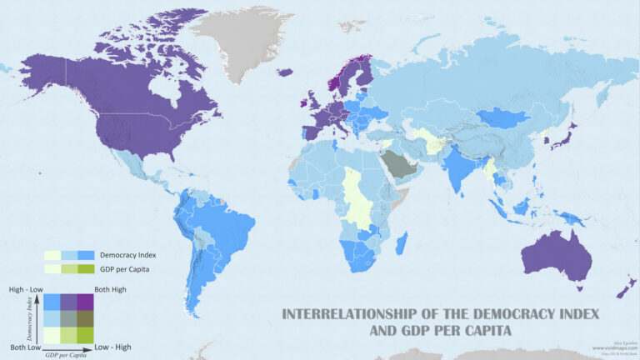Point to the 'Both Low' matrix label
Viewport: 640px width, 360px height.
(x=26, y=346)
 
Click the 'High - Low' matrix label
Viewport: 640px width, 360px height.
(x=24, y=288)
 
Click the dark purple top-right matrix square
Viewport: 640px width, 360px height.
(x=85, y=302)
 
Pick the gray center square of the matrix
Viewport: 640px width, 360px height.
(x=68, y=318)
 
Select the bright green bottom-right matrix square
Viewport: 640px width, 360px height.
(x=85, y=334)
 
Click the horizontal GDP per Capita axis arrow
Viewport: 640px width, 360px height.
(x=67, y=349)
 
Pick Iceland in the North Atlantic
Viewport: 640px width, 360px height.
(x=285, y=72)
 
